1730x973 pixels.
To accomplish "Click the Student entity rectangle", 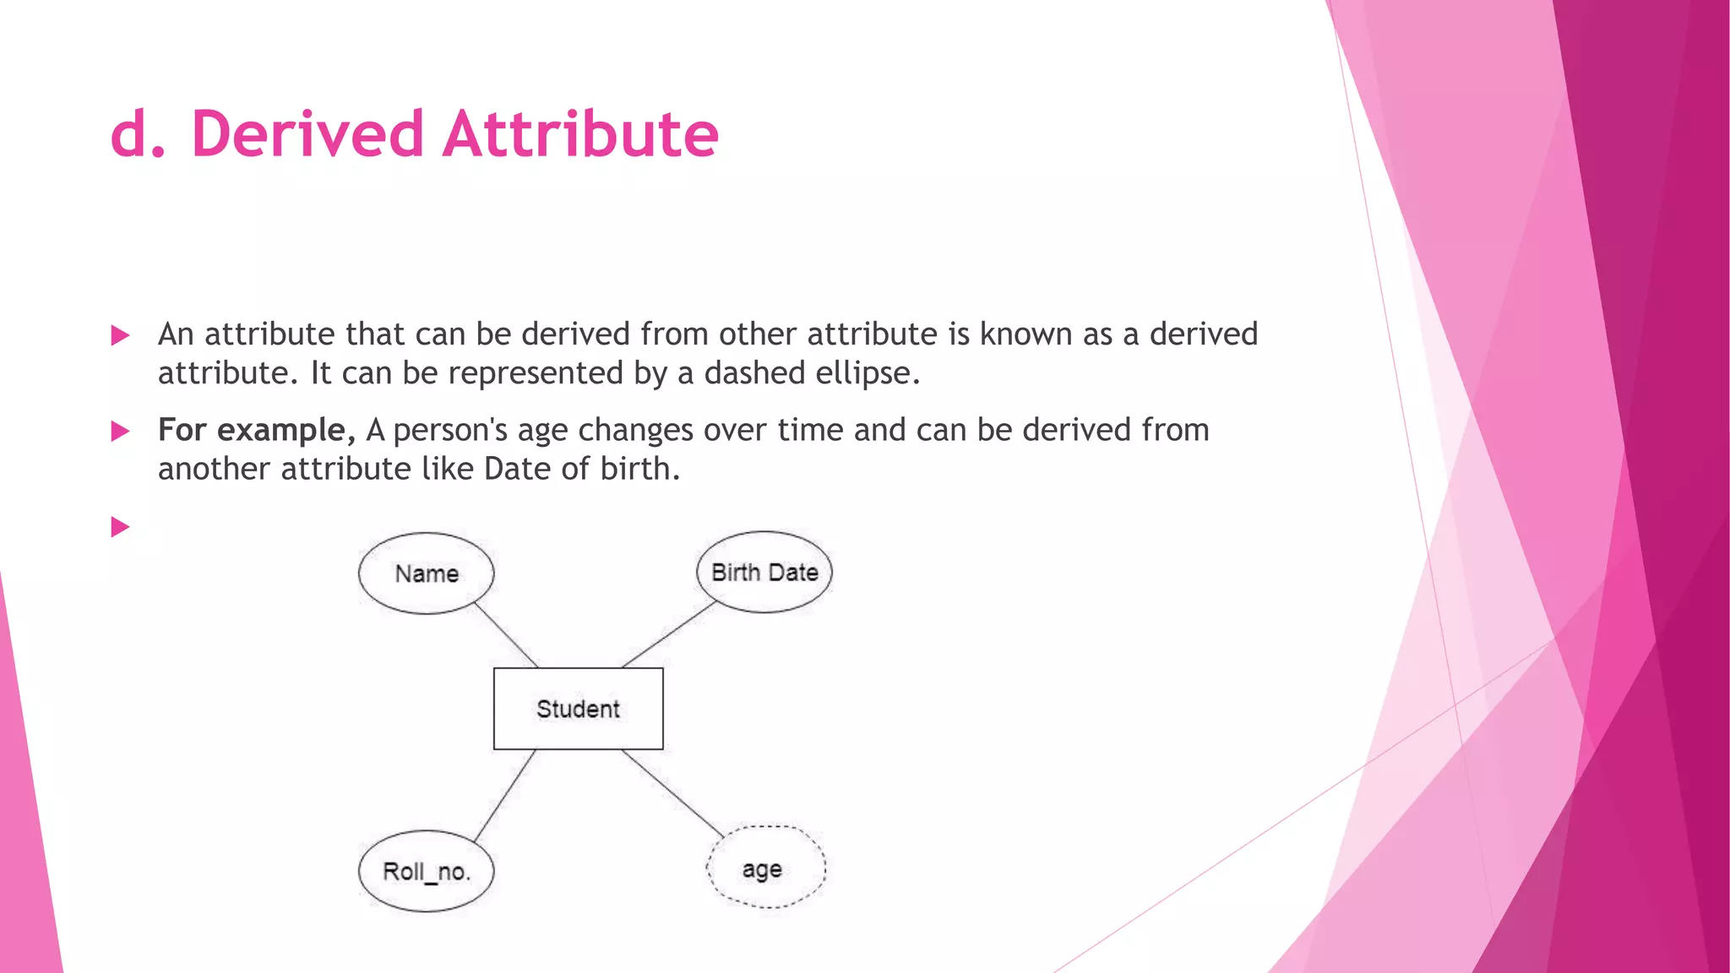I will tap(578, 708).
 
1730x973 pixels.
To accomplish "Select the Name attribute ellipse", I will tap(426, 573).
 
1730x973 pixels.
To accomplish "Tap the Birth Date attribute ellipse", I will tap(764, 572).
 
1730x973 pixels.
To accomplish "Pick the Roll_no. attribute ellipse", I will tap(426, 871).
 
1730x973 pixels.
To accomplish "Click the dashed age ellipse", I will tap(765, 867).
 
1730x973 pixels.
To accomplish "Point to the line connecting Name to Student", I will tap(505, 634).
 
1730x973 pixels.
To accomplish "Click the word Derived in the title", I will tap(307, 134).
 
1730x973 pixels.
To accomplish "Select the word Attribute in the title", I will tap(580, 134).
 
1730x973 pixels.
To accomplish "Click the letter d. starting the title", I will tap(138, 134).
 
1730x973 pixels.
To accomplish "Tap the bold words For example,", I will tap(256, 430).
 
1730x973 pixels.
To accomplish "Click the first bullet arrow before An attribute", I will tap(120, 335).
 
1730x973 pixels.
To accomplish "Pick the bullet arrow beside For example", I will tap(120, 432).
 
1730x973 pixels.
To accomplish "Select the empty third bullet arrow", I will tap(120, 527).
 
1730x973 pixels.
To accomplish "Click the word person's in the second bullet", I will tap(450, 431).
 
